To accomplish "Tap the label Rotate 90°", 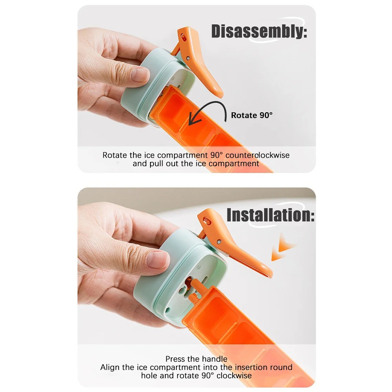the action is pyautogui.click(x=251, y=115).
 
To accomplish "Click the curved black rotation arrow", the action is pyautogui.click(x=210, y=105).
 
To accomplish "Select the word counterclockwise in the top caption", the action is pyautogui.click(x=258, y=155).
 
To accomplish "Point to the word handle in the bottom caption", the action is pyautogui.click(x=215, y=359).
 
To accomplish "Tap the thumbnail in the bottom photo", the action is pyautogui.click(x=158, y=259).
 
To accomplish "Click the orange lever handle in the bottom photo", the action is pyautogui.click(x=233, y=245).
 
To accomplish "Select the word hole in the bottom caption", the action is pyautogui.click(x=150, y=376).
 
